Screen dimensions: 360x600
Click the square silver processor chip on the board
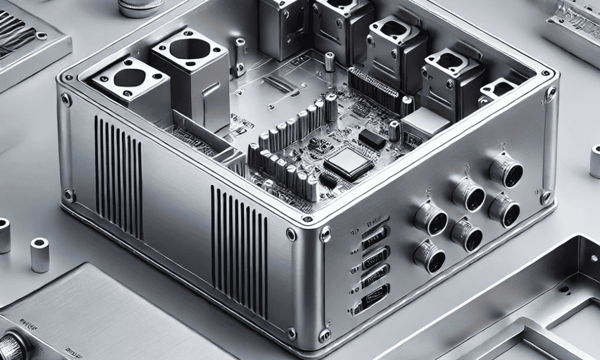click(343, 162)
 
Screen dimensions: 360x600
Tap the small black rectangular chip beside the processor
click(372, 140)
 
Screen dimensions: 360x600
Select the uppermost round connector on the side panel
click(505, 170)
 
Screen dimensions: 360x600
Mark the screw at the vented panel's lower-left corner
click(70, 195)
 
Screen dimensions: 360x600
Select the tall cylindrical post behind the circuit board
click(329, 63)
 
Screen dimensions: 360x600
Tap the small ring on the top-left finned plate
click(41, 35)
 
